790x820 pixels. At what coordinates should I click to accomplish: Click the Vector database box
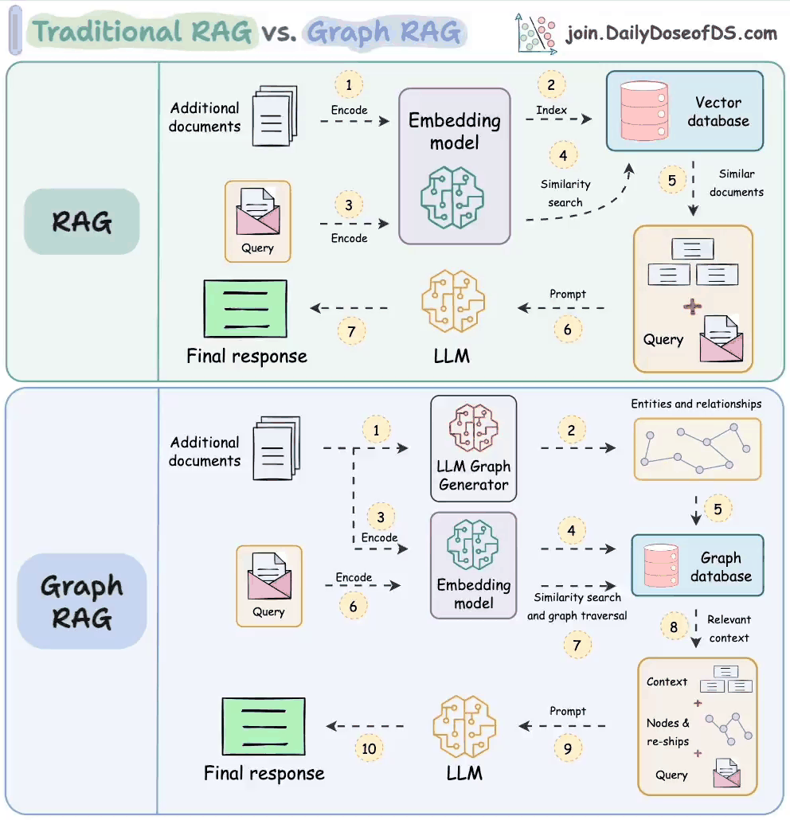coord(684,111)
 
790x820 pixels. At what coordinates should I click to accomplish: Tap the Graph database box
coord(698,565)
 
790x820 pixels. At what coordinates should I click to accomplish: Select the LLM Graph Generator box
coord(474,449)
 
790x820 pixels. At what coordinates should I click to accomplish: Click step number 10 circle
coord(369,748)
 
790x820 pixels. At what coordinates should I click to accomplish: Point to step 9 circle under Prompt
coord(568,748)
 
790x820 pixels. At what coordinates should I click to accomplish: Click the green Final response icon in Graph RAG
coord(264,726)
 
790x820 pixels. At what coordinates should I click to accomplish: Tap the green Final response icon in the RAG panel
coord(245,309)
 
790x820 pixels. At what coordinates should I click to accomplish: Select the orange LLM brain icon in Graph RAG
coord(464,726)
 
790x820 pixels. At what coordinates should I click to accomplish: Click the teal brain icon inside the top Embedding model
coord(452,197)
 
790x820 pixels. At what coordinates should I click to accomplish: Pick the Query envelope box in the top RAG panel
coord(258,221)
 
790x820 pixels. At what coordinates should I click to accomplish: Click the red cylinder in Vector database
coord(644,111)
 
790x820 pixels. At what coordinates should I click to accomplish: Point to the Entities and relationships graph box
coord(698,449)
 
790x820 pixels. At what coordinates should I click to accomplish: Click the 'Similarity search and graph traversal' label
coord(577,607)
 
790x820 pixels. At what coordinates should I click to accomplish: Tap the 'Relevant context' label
coord(729,629)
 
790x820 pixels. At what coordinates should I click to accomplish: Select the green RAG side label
coord(81,222)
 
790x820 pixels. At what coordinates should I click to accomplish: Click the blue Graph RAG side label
coord(81,601)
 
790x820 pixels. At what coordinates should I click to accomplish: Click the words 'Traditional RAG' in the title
coord(142,31)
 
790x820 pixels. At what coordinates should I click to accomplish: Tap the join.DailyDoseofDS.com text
coord(672,33)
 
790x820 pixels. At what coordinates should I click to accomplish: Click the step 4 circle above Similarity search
coord(564,155)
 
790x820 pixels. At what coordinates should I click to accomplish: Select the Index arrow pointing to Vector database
coord(559,119)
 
